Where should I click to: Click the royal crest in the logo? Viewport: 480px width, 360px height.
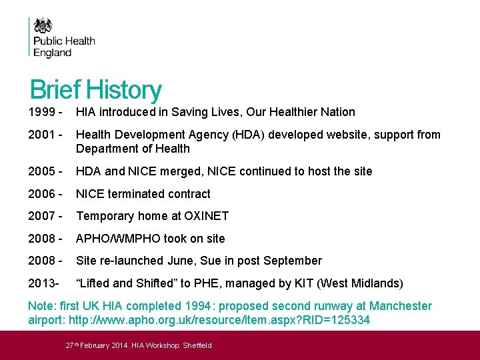[x=43, y=26]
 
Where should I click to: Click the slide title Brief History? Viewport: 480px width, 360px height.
[x=95, y=90]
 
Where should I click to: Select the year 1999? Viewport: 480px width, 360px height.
[x=41, y=112]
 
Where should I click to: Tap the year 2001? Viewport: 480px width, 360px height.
[x=41, y=135]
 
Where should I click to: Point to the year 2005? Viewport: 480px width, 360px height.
[x=41, y=171]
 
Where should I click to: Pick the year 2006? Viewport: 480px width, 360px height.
[x=41, y=194]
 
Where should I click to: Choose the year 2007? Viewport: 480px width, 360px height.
[x=41, y=216]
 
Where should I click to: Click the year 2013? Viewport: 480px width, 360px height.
[x=41, y=283]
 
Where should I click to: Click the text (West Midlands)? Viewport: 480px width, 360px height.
[x=360, y=283]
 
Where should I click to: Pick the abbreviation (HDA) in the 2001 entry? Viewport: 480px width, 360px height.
[x=247, y=135]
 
